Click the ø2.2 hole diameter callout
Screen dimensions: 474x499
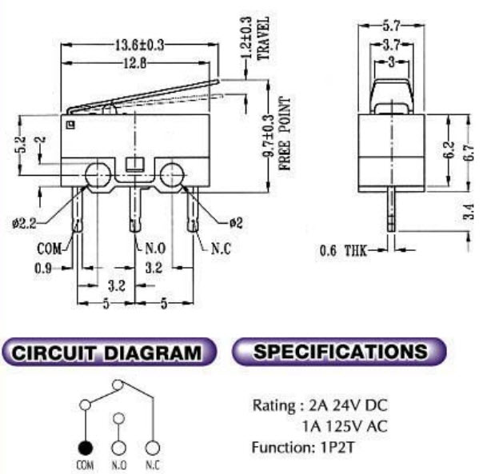(x=26, y=223)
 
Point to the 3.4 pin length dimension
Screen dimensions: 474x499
(x=469, y=212)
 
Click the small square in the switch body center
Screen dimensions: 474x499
(x=134, y=167)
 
